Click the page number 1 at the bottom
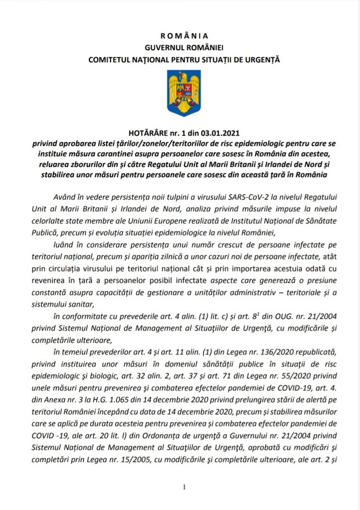click(184, 487)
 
